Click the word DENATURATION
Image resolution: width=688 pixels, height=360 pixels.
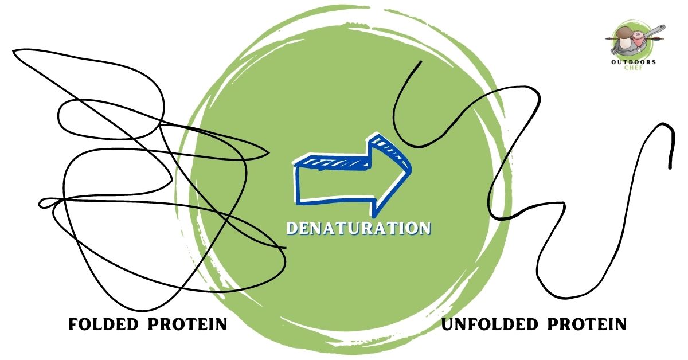coord(358,228)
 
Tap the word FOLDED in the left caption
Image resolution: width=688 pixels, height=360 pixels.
coord(103,325)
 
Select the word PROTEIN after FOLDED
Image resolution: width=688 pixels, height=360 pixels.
coord(187,325)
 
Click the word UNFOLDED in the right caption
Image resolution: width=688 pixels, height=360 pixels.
coord(490,325)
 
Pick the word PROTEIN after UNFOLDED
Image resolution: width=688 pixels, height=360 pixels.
coord(587,325)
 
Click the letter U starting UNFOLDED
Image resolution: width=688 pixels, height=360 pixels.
coord(448,325)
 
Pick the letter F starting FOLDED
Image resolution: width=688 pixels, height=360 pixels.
coord(73,325)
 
